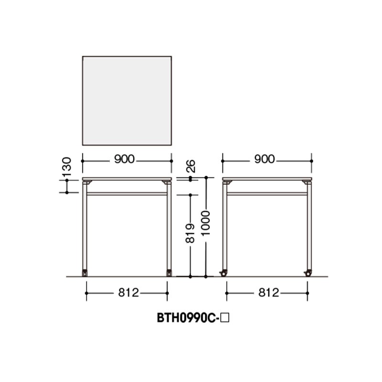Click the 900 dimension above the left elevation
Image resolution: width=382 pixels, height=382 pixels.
(x=124, y=159)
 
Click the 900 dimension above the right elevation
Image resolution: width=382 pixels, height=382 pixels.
(x=265, y=159)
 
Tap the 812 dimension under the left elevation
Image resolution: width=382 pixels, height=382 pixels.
(x=128, y=293)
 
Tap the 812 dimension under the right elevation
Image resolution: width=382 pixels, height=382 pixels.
(x=268, y=293)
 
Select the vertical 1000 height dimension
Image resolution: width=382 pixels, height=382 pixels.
(x=206, y=223)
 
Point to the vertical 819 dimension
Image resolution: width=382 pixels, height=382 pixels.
(x=190, y=233)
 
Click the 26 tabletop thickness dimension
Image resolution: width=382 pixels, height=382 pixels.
(x=191, y=166)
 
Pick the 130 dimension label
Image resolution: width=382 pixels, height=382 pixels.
(x=66, y=167)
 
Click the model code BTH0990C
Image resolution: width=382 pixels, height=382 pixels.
(x=186, y=318)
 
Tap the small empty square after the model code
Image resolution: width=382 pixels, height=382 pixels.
(x=224, y=318)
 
